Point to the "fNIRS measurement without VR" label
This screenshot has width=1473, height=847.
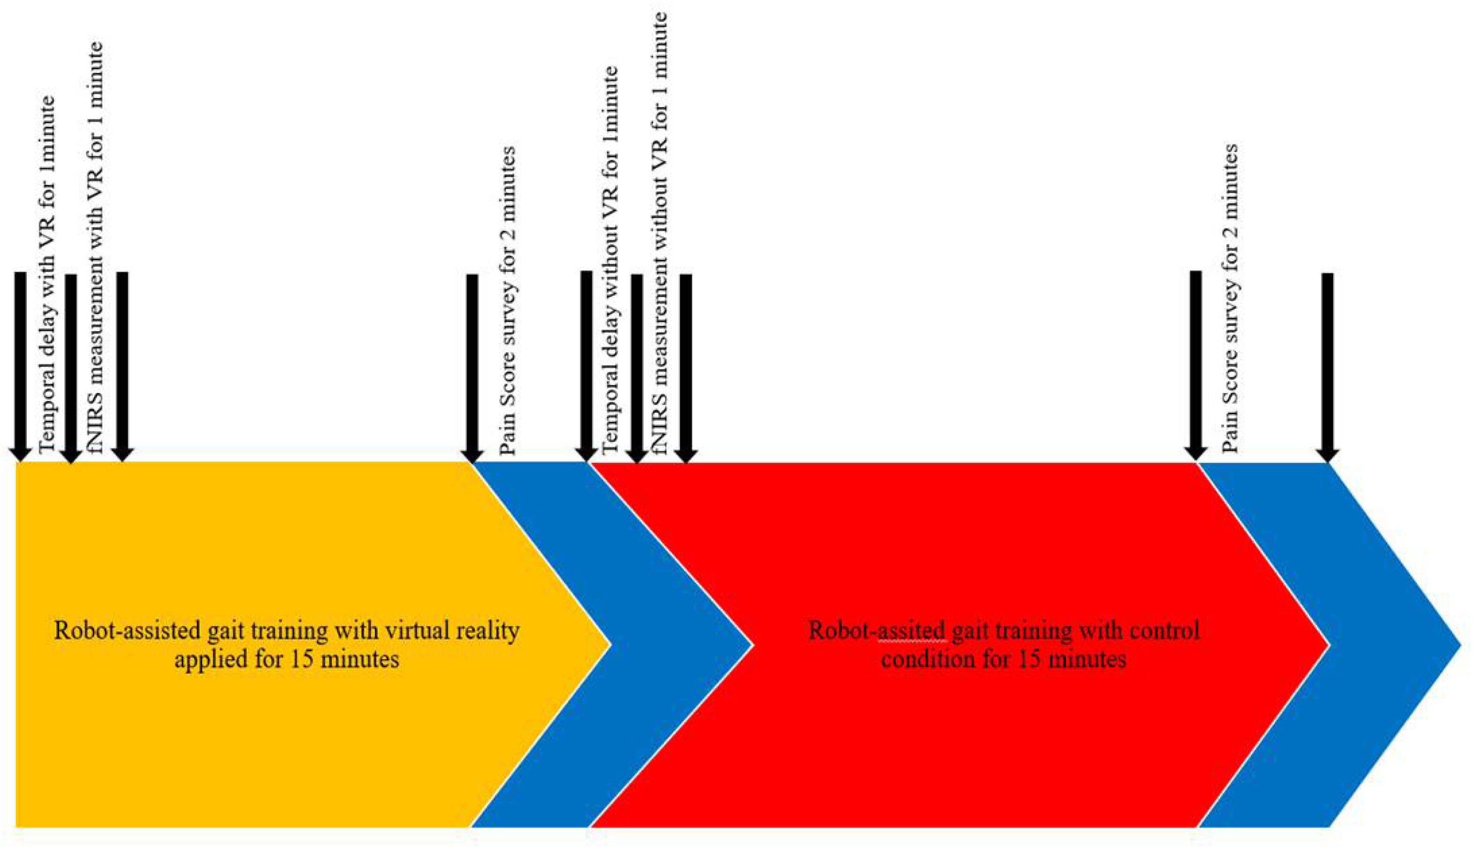[661, 233]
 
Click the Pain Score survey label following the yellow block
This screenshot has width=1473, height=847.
[508, 301]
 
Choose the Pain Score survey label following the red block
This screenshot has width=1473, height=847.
[1229, 300]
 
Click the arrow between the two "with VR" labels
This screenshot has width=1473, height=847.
[71, 366]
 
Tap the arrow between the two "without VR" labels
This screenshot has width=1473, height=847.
[637, 366]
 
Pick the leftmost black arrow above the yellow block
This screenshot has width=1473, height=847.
[20, 366]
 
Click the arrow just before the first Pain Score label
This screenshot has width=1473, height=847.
[472, 366]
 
